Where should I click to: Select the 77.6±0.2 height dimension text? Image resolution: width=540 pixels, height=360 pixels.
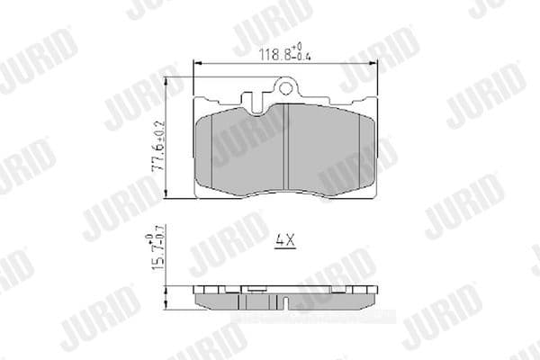(x=158, y=144)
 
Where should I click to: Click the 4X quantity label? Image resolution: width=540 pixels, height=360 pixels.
(x=283, y=242)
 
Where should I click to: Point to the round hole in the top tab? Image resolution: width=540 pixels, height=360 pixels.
(x=287, y=88)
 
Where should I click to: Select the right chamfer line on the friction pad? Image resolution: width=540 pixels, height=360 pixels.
(x=360, y=144)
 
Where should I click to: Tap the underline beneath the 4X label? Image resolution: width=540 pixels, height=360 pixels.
(x=283, y=250)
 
